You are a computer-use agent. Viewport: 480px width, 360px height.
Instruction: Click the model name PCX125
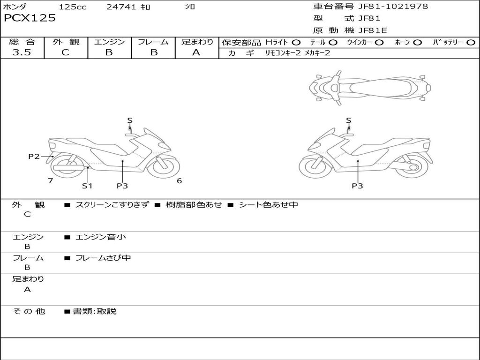30,18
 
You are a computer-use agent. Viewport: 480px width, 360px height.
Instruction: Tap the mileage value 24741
121,7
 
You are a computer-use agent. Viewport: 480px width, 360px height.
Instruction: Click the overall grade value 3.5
22,52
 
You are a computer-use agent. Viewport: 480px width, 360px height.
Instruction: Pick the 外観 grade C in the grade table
66,52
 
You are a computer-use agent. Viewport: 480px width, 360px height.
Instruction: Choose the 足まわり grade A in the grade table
196,52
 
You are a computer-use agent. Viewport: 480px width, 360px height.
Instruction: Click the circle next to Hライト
296,43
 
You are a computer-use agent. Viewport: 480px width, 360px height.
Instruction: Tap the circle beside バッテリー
471,43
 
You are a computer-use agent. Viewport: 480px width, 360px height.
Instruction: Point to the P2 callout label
34,157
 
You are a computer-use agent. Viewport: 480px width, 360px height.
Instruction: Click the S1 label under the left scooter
87,186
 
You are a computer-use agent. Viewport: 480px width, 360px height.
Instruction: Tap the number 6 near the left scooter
179,181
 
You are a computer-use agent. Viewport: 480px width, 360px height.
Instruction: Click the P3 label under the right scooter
358,186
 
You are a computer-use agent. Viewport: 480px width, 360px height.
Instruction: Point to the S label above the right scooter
348,120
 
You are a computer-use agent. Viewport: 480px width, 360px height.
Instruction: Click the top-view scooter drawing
369,88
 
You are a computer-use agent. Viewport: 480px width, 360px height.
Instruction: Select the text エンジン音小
101,237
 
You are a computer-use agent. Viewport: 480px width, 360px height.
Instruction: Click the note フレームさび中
103,258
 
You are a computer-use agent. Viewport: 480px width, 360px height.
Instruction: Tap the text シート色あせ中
268,205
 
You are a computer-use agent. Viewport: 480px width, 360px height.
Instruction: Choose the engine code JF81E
373,31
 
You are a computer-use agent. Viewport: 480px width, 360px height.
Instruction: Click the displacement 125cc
73,7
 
